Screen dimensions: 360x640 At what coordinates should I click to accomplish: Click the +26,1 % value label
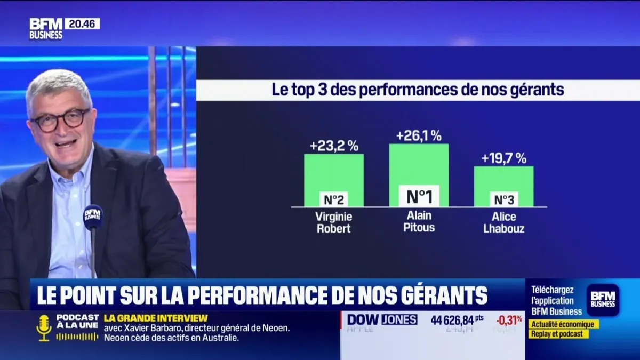419,136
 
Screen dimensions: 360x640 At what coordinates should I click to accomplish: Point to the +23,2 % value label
334,146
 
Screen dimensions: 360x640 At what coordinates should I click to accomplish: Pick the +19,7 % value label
503,158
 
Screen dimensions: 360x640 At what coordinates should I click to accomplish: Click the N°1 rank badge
419,196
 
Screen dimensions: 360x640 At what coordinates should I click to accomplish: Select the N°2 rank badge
334,199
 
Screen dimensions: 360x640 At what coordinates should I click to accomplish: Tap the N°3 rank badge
504,199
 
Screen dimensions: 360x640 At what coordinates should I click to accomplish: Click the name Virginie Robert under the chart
334,222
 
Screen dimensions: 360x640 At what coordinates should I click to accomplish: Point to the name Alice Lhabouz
504,222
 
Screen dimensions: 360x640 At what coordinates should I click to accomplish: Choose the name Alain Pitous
419,221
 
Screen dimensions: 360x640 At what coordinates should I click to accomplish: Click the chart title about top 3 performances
418,90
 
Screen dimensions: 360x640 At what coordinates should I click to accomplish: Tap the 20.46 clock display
82,23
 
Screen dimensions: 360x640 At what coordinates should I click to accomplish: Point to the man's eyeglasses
60,119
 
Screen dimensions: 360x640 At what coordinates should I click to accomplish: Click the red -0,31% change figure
509,320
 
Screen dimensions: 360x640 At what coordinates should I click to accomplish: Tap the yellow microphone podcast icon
44,327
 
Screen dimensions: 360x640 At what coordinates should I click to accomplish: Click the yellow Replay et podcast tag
558,334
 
